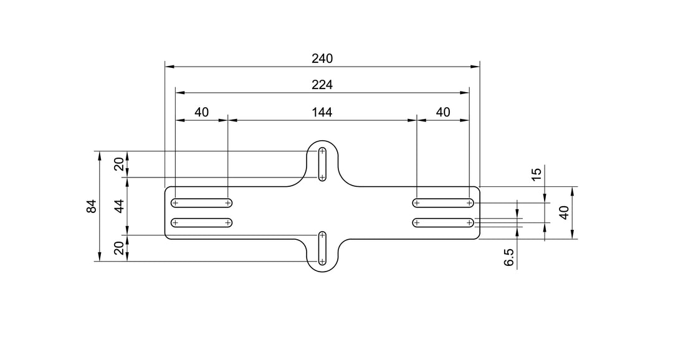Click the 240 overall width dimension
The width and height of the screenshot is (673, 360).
pos(322,59)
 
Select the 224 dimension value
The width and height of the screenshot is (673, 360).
pos(322,85)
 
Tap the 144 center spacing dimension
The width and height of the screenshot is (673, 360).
pos(322,112)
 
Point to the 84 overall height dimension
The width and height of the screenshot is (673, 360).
pos(91,206)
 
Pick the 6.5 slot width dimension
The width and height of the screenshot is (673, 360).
pos(509,257)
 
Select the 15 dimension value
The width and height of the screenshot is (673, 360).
pos(537,174)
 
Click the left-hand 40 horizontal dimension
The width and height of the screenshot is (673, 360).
pos(201,112)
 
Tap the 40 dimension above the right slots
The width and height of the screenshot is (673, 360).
pos(443,112)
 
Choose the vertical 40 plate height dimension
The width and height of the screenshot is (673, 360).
pos(565,212)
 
